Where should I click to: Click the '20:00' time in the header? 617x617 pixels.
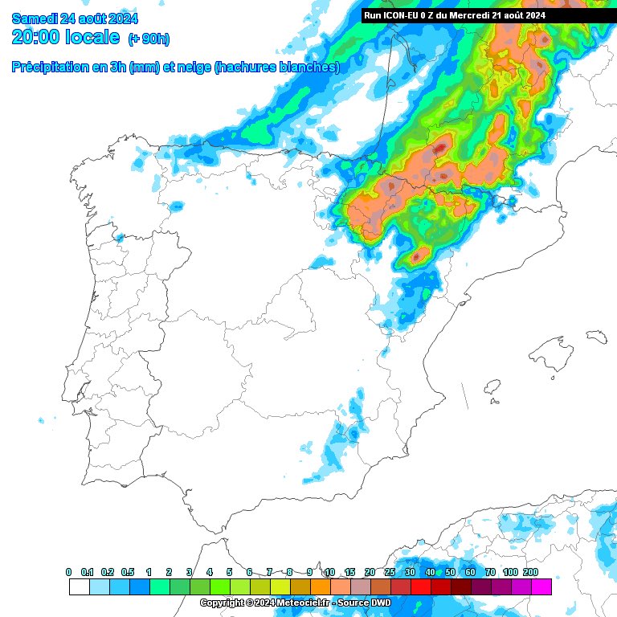[x=39, y=37]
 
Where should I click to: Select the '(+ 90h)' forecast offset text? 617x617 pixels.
[x=149, y=39]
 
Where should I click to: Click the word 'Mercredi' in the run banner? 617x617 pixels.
[x=480, y=14]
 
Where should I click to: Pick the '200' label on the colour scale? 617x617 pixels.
[x=530, y=572]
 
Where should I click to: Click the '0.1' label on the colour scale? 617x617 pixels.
[x=88, y=572]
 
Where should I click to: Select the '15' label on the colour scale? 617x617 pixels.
[x=349, y=572]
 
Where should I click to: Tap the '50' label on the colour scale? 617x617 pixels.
[x=450, y=572]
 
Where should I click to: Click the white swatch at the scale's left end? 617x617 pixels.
[x=79, y=587]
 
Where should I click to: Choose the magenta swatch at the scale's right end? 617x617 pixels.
[x=541, y=587]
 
